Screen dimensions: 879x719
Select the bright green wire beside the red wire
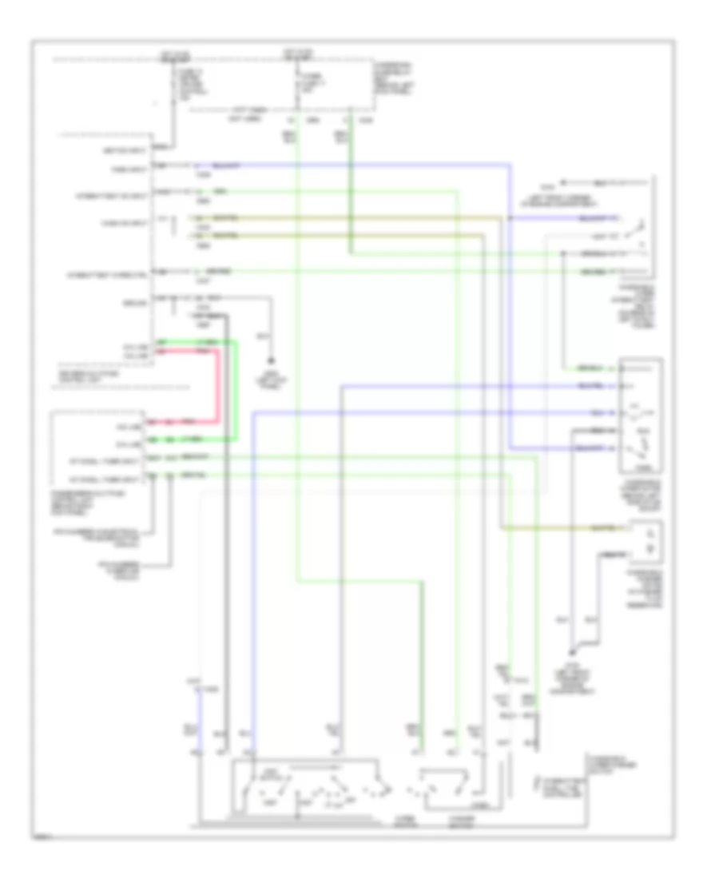236,392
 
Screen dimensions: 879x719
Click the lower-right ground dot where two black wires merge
570,652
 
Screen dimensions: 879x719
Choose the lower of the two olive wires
336,234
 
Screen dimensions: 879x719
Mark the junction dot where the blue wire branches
510,217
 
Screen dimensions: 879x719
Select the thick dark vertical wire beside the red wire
226,519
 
